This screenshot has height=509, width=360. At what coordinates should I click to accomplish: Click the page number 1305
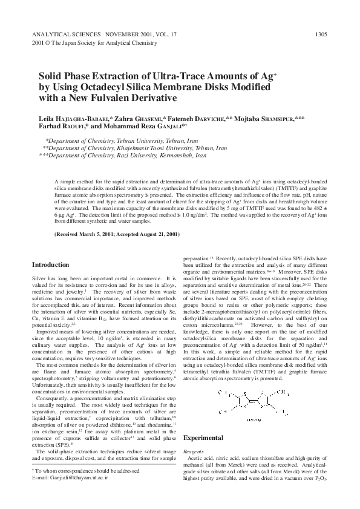click(322, 34)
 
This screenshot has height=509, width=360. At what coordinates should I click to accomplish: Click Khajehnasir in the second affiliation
click(122, 148)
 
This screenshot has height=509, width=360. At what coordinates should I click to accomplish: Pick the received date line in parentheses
click(117, 234)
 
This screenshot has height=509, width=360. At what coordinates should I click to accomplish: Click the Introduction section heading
click(50, 264)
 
